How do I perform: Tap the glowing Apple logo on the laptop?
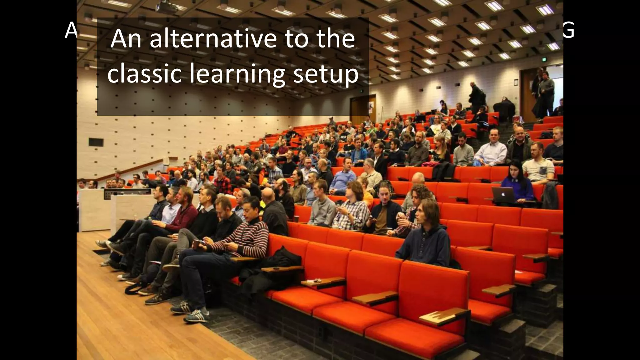[503, 194]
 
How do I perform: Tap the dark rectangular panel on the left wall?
[96, 142]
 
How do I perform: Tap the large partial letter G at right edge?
[568, 31]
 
